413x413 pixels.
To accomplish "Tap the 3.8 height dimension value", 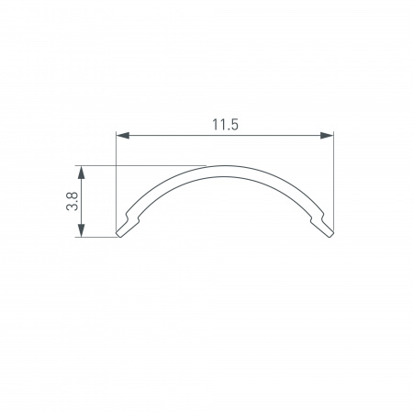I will coord(71,202).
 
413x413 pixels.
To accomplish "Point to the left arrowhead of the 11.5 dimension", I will coord(122,137).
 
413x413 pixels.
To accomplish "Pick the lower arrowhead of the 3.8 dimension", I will coord(83,233).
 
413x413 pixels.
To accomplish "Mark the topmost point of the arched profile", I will coord(225,167).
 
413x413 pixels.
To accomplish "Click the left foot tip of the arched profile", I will coord(120,235).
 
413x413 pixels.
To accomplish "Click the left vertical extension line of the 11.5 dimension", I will coord(117,184).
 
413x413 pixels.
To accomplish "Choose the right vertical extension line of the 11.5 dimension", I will coord(334,184).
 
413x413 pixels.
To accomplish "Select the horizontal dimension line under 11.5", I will coord(184,137).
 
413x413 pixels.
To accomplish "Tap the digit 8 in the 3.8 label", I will coord(71,195).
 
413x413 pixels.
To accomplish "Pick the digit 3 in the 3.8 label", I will coord(71,209).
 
